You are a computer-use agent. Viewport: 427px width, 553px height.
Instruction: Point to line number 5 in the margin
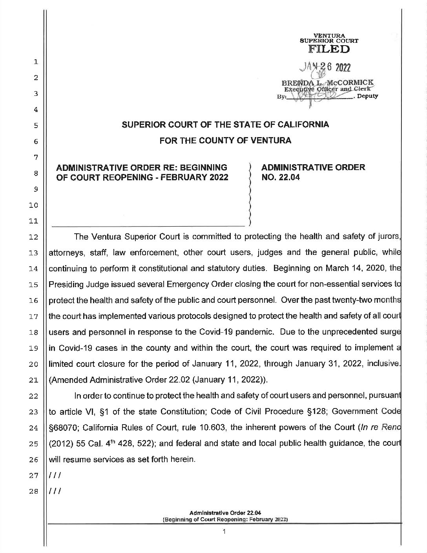click(35, 126)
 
